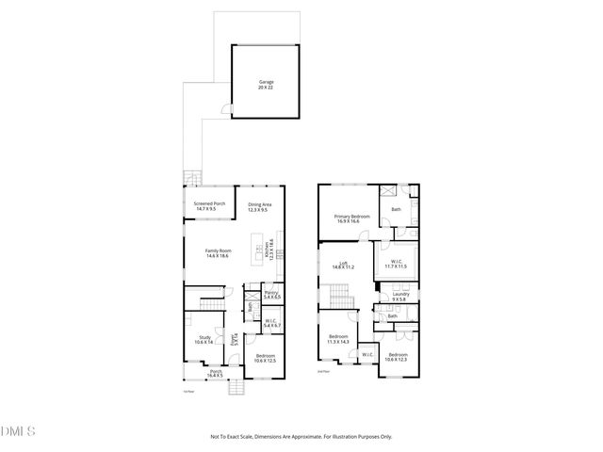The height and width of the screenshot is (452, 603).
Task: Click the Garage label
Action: click(267, 82)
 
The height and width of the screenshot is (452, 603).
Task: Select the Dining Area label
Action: click(259, 205)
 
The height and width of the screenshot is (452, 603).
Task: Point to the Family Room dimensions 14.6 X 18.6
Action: click(219, 255)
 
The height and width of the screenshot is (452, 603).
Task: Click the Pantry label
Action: click(270, 294)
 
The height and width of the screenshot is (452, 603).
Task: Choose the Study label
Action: click(204, 336)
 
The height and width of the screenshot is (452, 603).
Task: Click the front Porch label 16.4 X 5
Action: click(216, 372)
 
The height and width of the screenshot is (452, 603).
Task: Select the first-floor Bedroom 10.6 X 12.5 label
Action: click(266, 356)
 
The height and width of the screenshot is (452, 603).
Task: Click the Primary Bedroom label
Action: click(352, 217)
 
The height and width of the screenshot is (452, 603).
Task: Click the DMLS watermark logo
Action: click(18, 431)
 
